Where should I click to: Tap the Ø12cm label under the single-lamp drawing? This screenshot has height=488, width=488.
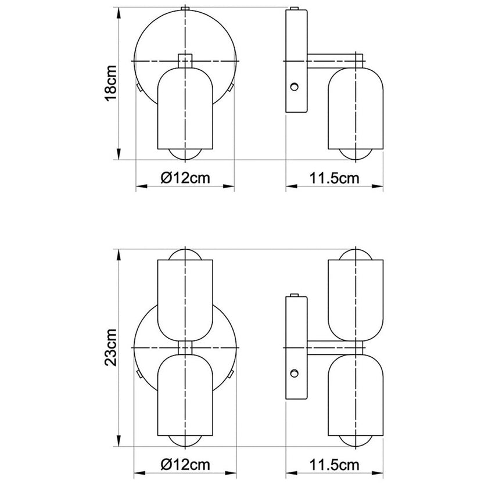pyautogui.click(x=184, y=178)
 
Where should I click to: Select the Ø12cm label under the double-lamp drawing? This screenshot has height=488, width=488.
pyautogui.click(x=184, y=465)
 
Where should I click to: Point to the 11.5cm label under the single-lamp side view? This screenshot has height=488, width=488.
pyautogui.click(x=335, y=178)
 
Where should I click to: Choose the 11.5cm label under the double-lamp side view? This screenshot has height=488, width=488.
pyautogui.click(x=335, y=465)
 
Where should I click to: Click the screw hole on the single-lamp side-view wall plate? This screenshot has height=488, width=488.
pyautogui.click(x=295, y=87)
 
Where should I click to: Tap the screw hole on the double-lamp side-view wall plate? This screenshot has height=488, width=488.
pyautogui.click(x=295, y=373)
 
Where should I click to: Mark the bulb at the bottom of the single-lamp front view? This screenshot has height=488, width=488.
pyautogui.click(x=184, y=154)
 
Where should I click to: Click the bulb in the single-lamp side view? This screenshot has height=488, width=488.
pyautogui.click(x=355, y=154)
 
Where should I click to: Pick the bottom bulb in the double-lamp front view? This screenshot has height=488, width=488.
pyautogui.click(x=184, y=440)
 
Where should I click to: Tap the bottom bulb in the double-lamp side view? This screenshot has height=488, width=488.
pyautogui.click(x=355, y=440)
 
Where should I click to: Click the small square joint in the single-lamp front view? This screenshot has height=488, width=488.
pyautogui.click(x=184, y=60)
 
